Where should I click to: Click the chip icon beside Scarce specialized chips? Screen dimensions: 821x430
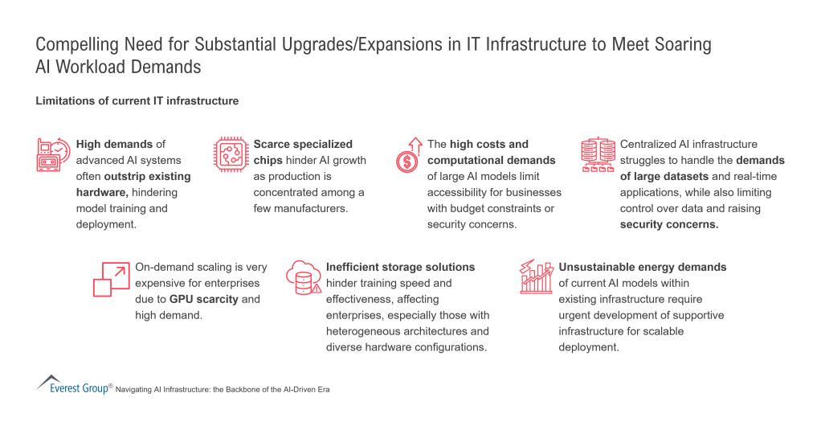231,154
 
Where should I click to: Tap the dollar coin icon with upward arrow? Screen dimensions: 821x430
409,155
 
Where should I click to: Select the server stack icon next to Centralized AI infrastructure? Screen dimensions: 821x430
598,155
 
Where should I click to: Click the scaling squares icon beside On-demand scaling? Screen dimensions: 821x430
112,280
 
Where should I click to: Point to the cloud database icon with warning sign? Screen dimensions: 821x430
304,277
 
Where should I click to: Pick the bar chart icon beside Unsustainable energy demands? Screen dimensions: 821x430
537,276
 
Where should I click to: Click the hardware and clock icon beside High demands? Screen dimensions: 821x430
53,154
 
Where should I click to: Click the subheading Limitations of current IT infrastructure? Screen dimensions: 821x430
137,100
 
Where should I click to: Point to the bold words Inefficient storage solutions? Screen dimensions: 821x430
401,267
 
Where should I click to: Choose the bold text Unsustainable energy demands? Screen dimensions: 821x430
643,267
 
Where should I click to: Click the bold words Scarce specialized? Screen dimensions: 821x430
303,144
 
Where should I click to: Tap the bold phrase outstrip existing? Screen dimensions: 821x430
147,177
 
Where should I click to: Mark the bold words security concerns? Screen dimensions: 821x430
669,224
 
